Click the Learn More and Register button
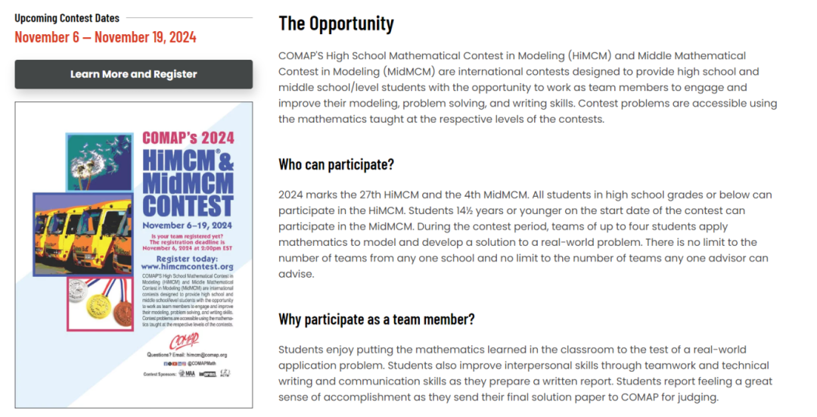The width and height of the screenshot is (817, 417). click(133, 74)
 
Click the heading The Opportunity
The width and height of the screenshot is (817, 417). click(336, 23)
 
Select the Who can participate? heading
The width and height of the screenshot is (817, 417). click(336, 164)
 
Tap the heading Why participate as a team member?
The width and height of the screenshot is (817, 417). click(376, 319)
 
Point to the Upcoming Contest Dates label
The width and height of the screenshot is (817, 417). click(67, 17)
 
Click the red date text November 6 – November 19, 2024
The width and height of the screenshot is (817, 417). click(105, 37)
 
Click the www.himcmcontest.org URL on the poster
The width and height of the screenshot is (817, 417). click(187, 267)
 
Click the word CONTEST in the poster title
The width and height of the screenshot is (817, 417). click(188, 206)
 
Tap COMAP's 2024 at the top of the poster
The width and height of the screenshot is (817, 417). click(188, 138)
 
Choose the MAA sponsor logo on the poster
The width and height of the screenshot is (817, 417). click(188, 374)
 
